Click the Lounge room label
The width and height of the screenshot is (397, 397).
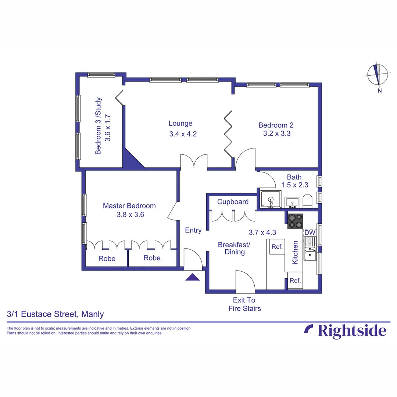pos(180,124)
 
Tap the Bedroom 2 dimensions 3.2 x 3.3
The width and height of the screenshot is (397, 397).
pos(276,133)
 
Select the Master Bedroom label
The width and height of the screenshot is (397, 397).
pos(129,206)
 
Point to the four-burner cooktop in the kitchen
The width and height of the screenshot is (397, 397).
pos(296,221)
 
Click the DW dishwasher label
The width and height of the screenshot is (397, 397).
pos(310,233)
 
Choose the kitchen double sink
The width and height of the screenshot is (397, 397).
pos(310,254)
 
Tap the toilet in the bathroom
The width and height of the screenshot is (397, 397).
pos(307,201)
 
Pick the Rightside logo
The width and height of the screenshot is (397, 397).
pos(345,331)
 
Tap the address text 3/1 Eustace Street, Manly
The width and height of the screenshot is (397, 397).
pos(56,314)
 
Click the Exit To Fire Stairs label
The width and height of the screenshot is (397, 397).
pos(245,304)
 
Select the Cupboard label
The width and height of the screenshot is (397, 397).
pos(233,201)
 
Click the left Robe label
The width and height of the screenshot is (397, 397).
pos(107,258)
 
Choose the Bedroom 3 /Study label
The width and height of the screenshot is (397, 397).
pos(99,126)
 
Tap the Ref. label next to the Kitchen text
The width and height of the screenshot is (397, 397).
pos(277,247)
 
